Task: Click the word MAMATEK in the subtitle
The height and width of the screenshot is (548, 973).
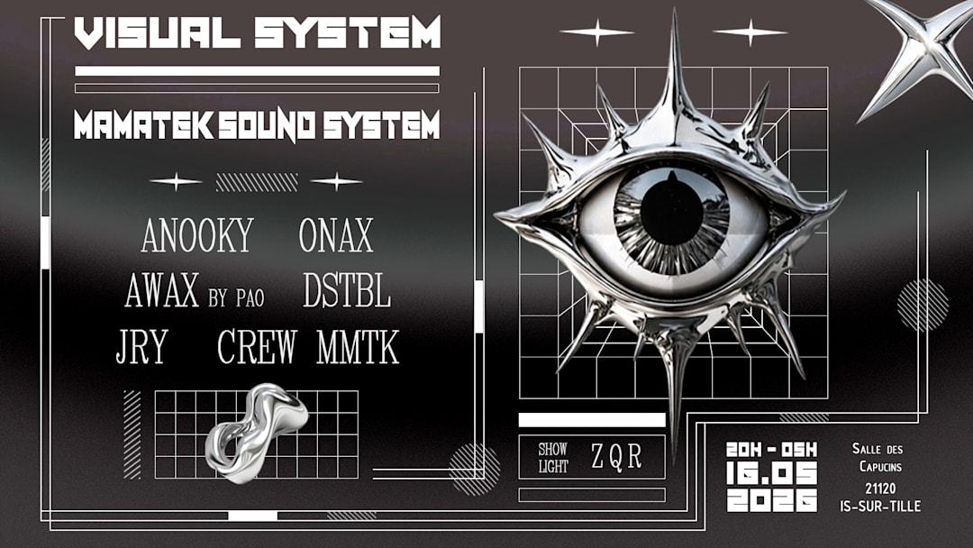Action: [x=143, y=126]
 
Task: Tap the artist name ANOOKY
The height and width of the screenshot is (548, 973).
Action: [x=196, y=236]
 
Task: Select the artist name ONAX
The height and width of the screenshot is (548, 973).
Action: [x=336, y=236]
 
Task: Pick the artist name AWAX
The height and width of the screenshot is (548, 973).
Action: [x=162, y=292]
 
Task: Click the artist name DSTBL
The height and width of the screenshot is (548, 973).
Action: [x=347, y=292]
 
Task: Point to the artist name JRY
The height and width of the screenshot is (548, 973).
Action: [x=142, y=347]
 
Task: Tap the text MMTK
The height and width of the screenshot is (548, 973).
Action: [x=358, y=347]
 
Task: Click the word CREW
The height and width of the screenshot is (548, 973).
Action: [x=258, y=347]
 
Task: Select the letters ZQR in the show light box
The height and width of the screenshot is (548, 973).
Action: [x=617, y=458]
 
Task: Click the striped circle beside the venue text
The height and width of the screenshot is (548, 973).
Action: [x=923, y=304]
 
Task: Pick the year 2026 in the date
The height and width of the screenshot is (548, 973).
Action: [x=772, y=500]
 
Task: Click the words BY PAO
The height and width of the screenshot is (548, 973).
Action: [x=236, y=298]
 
